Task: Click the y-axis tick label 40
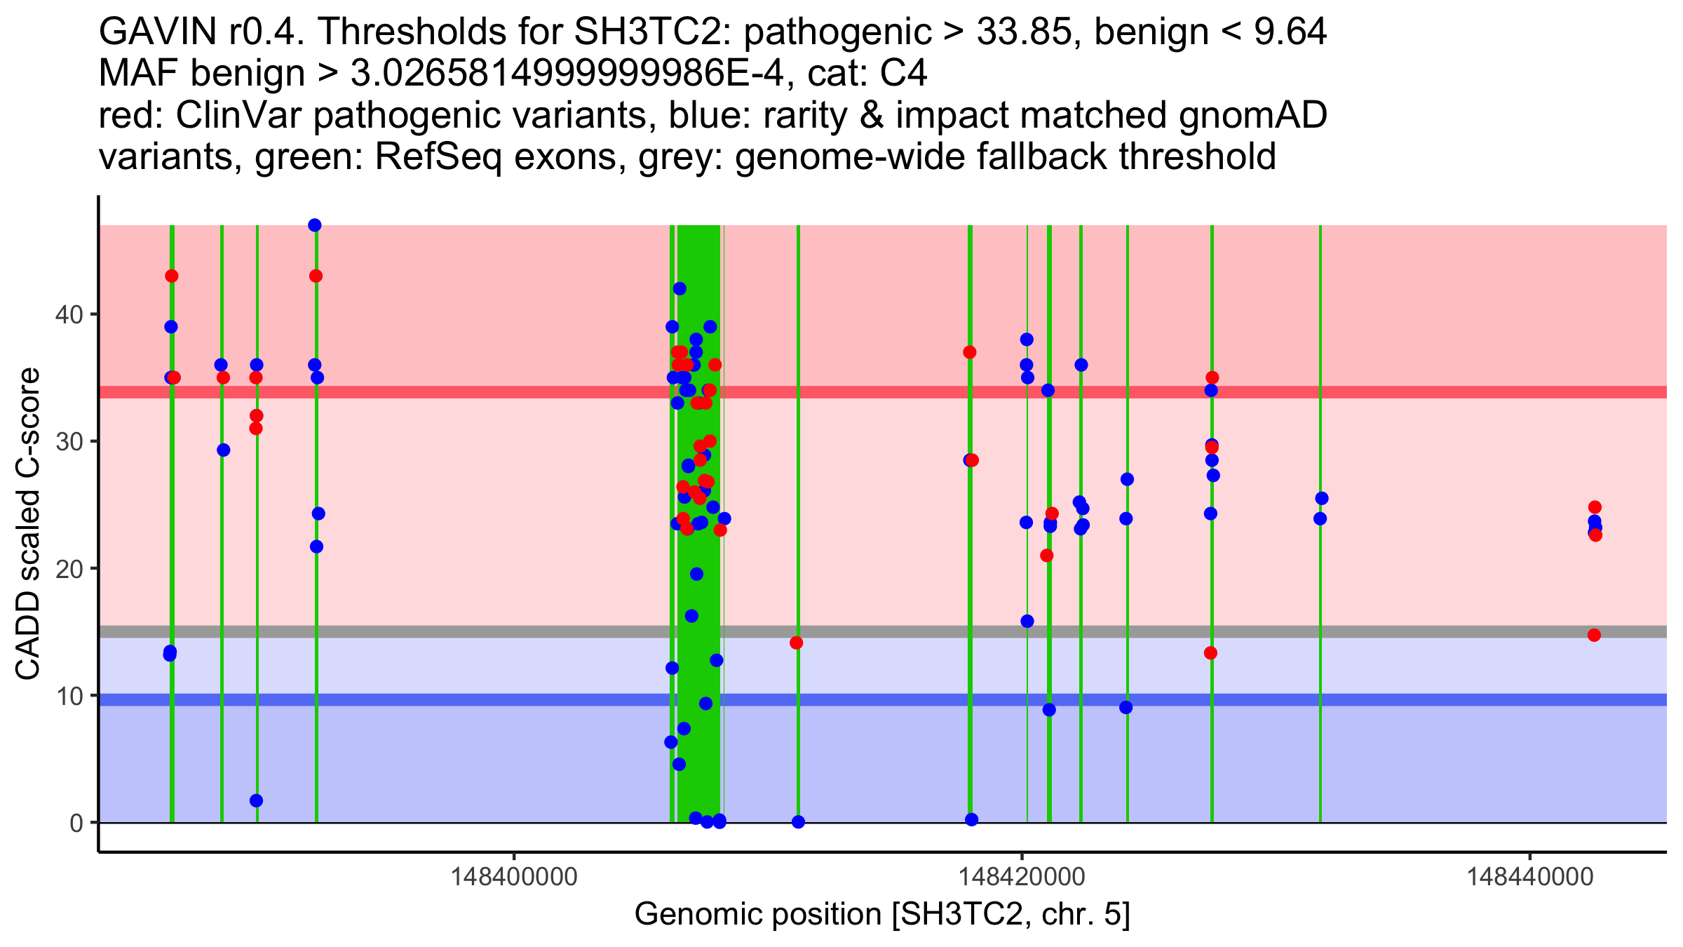click(x=68, y=314)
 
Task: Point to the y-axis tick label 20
click(x=68, y=569)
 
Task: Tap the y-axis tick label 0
click(x=76, y=823)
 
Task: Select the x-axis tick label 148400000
click(x=514, y=877)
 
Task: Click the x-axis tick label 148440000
click(x=1529, y=877)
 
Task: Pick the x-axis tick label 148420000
click(x=1022, y=877)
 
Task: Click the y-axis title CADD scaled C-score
click(x=28, y=524)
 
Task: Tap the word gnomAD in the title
click(x=1253, y=115)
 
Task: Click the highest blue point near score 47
click(x=315, y=225)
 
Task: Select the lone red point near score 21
click(x=1047, y=556)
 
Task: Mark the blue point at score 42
click(x=680, y=289)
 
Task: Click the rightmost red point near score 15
click(x=1594, y=636)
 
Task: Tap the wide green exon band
click(x=698, y=524)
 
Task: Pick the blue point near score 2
click(x=256, y=801)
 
